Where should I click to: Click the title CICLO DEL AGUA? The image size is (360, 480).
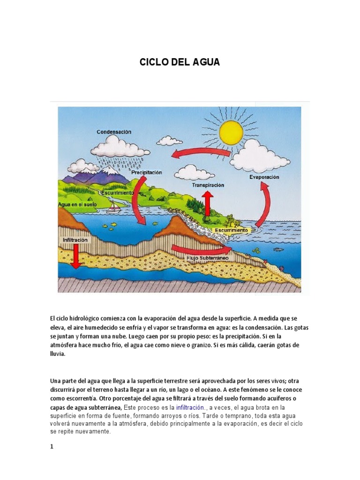tap(180, 62)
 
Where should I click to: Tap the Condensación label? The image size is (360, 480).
tap(114, 132)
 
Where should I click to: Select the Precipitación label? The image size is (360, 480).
tap(147, 172)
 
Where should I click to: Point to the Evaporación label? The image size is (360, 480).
tap(264, 177)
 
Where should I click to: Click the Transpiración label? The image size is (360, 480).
tap(208, 185)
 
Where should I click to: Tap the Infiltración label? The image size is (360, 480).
tap(75, 240)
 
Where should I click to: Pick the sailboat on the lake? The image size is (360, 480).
tap(113, 206)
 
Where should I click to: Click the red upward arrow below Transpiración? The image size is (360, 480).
tap(208, 203)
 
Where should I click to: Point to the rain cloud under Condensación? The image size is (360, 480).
tap(120, 148)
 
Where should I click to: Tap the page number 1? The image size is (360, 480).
tap(52, 447)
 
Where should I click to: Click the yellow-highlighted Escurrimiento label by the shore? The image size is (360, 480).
tap(231, 230)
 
